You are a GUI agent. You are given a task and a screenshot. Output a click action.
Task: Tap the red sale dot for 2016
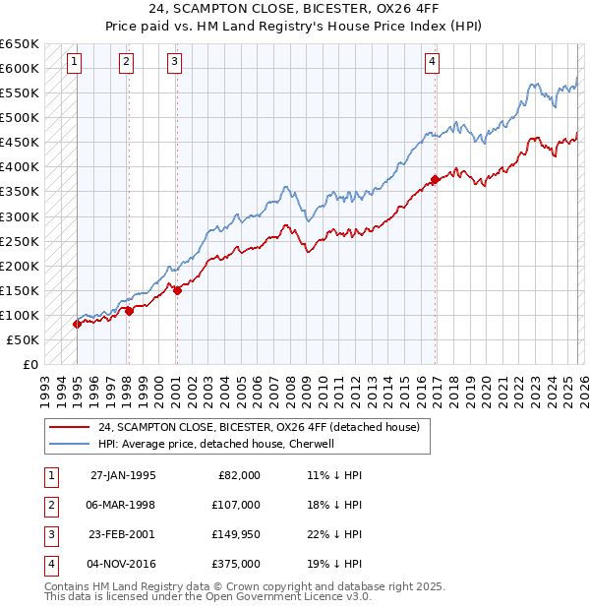tap(435, 179)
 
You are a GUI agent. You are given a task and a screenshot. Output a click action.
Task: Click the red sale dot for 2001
tap(177, 290)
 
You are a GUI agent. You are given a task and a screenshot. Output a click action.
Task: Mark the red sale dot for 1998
tap(129, 311)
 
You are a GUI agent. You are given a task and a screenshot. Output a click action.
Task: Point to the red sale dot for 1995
tap(78, 324)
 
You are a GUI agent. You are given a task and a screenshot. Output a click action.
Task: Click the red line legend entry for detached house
tap(258, 427)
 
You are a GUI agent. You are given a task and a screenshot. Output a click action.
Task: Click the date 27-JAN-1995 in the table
tap(123, 474)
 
